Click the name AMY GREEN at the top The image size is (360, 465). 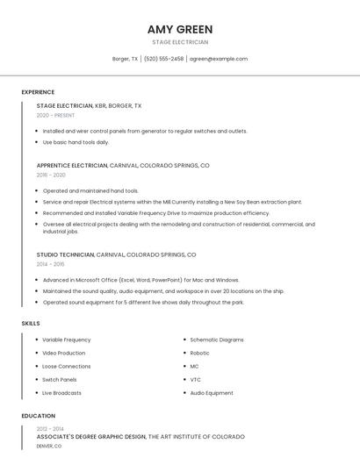[x=180, y=29]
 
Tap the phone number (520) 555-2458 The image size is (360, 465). [x=163, y=59]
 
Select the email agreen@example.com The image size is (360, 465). [x=219, y=59]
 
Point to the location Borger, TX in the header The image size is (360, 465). [x=125, y=59]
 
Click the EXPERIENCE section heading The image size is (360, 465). [x=38, y=92]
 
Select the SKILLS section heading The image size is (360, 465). [x=31, y=324]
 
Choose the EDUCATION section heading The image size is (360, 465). [x=38, y=416]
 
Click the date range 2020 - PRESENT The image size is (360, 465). [x=55, y=115]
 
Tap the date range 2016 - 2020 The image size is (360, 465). [x=51, y=175]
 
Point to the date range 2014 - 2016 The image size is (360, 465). [x=51, y=263]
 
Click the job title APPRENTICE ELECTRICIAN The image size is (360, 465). [x=72, y=165]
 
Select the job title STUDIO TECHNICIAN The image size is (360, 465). [x=65, y=254]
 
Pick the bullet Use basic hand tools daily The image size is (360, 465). [x=76, y=142]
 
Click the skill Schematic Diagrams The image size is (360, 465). [x=217, y=340]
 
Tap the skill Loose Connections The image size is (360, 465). [x=67, y=366]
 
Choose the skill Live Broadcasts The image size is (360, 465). [x=62, y=393]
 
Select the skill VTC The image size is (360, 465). [x=196, y=379]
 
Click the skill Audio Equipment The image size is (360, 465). [x=212, y=393]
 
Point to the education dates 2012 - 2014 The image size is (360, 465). [x=51, y=428]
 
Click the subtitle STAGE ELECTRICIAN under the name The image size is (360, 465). [x=180, y=42]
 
